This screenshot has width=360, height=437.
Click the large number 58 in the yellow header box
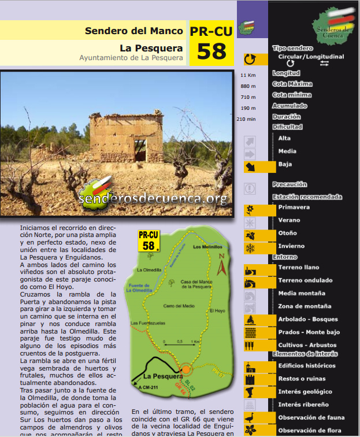point(211,51)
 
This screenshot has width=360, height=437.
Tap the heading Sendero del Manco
point(133,31)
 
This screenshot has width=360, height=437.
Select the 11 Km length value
point(248,75)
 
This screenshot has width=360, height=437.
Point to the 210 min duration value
point(246,119)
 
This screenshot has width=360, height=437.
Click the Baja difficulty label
point(285,164)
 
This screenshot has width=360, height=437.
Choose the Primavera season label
point(294,207)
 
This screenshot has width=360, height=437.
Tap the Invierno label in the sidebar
point(291,246)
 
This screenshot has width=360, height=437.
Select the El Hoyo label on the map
point(217,310)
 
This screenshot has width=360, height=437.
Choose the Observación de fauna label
point(311,417)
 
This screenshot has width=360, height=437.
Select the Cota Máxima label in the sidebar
point(292,84)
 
